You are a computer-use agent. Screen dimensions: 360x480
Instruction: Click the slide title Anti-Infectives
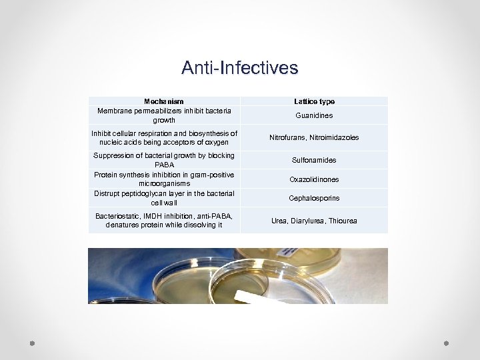point(239,68)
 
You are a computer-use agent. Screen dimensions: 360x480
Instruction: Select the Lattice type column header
point(314,101)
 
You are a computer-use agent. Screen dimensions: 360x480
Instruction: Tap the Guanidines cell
point(314,115)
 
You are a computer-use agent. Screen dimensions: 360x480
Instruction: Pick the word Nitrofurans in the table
point(288,137)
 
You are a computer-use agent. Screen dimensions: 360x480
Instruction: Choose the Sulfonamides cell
point(314,160)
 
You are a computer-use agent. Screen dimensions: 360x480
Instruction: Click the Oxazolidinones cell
point(314,179)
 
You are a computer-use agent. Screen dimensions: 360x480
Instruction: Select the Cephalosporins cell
point(314,198)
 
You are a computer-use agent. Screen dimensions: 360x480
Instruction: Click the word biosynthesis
point(204,133)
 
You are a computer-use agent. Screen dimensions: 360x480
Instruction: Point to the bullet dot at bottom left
point(32,343)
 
